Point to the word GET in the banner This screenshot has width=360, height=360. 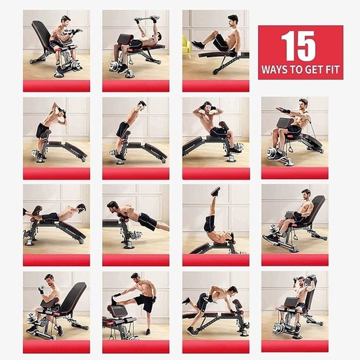point(312,71)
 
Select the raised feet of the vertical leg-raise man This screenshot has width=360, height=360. point(215,191)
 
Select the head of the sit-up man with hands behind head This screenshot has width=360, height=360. point(207,108)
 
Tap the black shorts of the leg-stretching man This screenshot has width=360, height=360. point(146,303)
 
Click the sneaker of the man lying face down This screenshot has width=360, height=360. point(82,207)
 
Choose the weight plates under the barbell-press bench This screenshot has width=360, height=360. point(115,66)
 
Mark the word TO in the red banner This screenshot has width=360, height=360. point(296,71)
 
